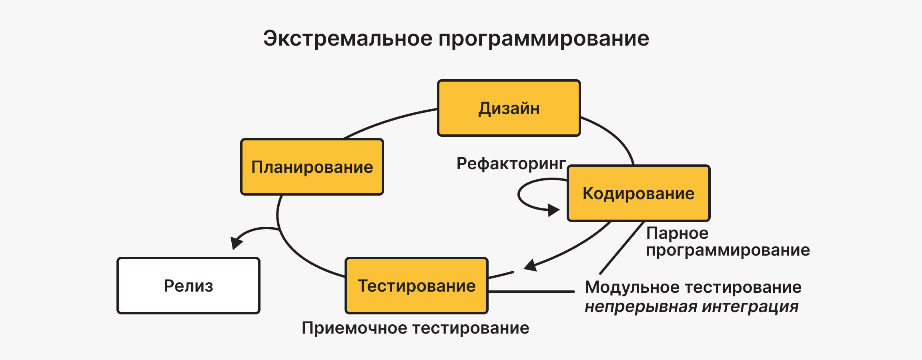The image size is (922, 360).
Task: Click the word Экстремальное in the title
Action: (348, 39)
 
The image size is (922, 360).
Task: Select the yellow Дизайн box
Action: (509, 108)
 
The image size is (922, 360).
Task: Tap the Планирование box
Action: (312, 167)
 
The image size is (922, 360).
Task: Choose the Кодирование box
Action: (638, 194)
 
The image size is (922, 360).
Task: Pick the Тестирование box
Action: (416, 286)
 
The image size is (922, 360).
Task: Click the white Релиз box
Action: (188, 286)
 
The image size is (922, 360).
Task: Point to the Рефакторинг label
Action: (511, 164)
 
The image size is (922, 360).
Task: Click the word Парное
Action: (677, 233)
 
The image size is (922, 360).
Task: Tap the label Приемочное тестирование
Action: (415, 328)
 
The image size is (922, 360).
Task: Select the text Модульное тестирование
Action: (693, 287)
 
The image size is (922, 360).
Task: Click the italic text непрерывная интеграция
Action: (691, 307)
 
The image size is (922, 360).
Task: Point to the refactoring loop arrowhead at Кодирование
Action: (553, 210)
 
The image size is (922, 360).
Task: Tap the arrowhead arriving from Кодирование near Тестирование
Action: (531, 266)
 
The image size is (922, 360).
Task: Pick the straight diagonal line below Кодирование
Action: (621, 248)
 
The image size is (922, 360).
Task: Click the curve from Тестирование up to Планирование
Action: (292, 252)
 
